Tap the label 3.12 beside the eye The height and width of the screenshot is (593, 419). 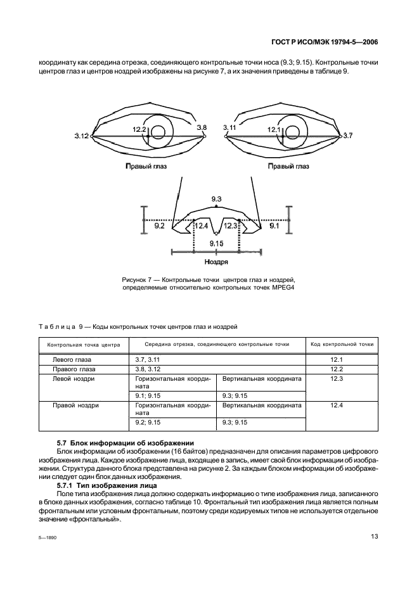coord(81,136)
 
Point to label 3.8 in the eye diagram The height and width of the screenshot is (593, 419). coord(202,128)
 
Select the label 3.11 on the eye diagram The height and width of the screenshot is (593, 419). coord(229,128)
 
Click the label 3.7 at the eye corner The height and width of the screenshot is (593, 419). coord(348,136)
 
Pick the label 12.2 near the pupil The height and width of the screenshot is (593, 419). coord(139,129)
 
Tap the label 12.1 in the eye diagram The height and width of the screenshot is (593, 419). coord(274,129)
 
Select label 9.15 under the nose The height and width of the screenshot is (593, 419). coord(216,243)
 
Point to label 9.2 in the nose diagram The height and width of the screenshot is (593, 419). coord(159,226)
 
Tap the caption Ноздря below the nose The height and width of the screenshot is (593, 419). coord(216,260)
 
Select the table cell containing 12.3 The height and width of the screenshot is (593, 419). coord(337,378)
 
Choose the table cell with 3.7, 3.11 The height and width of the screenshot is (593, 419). coord(148,359)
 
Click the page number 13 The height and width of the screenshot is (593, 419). coord(375,536)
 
